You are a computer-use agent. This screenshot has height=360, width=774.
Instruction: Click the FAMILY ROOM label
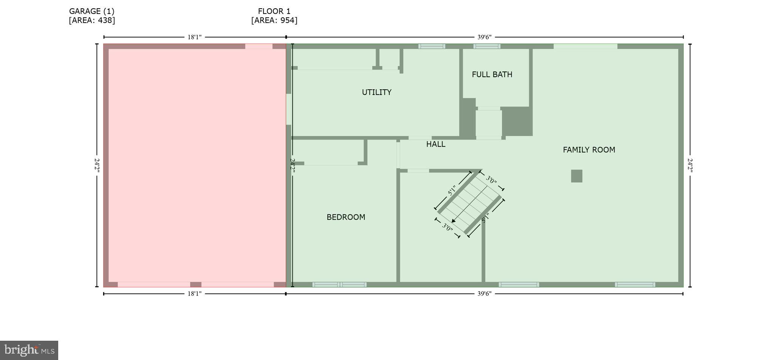click(589, 150)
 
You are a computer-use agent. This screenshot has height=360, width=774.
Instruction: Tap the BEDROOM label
click(346, 217)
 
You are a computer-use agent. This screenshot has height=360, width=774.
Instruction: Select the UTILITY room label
click(376, 92)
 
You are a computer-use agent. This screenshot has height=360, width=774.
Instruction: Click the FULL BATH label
click(492, 74)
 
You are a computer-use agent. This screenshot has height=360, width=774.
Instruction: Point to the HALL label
click(435, 144)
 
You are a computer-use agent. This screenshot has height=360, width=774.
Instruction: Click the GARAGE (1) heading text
click(91, 11)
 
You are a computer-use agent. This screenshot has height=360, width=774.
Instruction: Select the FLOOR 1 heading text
click(274, 11)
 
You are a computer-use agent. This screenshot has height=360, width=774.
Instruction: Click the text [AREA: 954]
click(274, 20)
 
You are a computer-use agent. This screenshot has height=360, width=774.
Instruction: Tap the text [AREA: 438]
click(91, 20)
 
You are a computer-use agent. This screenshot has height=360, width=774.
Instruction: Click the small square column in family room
click(576, 176)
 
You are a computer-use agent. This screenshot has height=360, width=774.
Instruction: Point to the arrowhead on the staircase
click(454, 221)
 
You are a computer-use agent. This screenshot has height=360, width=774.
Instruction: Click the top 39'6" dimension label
click(484, 37)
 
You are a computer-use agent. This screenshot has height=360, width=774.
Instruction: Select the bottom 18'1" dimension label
click(195, 294)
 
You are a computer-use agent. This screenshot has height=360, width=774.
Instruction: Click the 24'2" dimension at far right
click(690, 165)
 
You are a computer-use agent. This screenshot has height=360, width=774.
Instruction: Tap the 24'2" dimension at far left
click(97, 165)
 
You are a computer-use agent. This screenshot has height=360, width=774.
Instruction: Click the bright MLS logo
click(29, 350)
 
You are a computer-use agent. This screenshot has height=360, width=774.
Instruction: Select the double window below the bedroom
click(339, 284)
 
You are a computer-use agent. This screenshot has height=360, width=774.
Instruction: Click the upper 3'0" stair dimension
click(491, 180)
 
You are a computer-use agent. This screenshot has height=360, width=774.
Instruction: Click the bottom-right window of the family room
click(635, 284)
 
